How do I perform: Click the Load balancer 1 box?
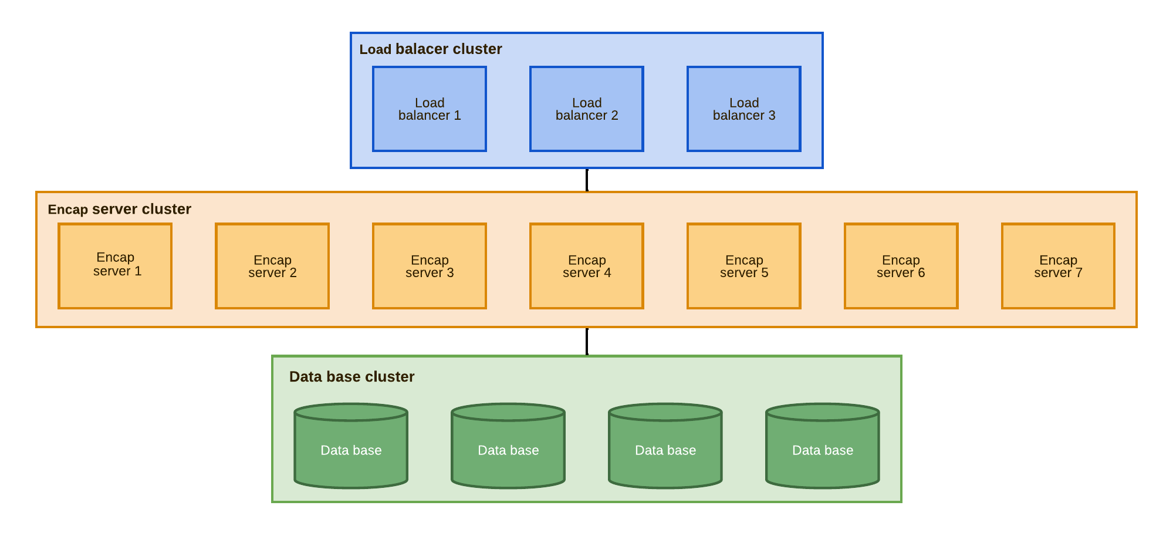coord(430,109)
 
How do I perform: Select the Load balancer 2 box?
coord(587,109)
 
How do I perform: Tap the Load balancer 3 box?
coord(744,109)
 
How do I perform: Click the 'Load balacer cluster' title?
coord(430,49)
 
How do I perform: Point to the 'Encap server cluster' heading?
coord(119,210)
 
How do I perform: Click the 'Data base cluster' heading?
coord(351,377)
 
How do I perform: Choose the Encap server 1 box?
coord(115,265)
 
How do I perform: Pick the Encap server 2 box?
coord(272,265)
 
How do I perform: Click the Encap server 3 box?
coord(430,265)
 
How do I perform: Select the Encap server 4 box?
coord(587,265)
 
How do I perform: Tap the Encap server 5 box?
coord(744,265)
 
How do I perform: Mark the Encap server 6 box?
coord(901,265)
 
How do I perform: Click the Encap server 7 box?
coord(1058,265)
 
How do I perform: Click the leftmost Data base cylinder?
coord(351,451)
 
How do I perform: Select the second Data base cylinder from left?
coord(508,451)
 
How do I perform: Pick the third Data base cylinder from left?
coord(665,451)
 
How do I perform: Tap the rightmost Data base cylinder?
coord(823,451)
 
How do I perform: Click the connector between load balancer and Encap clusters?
coord(587,180)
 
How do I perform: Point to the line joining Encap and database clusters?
coord(587,342)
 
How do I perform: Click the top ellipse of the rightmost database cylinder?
coord(823,412)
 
